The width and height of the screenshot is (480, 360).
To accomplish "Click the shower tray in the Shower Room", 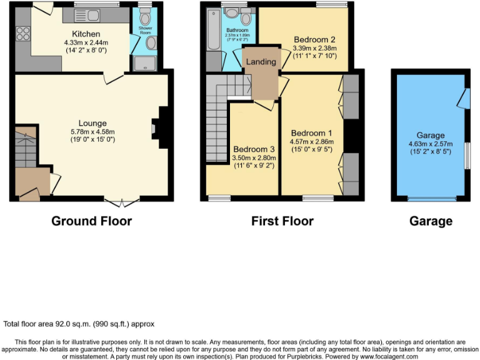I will click(x=145, y=62).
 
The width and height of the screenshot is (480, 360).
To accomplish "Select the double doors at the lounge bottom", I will click(x=122, y=201).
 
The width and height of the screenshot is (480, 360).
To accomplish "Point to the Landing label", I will click(x=261, y=62).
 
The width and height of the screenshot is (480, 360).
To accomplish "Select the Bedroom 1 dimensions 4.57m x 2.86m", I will click(x=312, y=142).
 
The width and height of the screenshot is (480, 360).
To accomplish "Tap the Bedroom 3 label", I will click(x=254, y=149).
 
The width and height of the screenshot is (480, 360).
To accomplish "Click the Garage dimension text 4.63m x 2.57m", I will click(x=431, y=144).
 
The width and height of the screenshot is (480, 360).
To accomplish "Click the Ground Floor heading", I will click(x=91, y=221).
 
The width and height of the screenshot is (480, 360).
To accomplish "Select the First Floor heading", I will click(x=282, y=221).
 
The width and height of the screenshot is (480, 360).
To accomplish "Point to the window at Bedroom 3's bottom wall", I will click(x=219, y=198).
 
